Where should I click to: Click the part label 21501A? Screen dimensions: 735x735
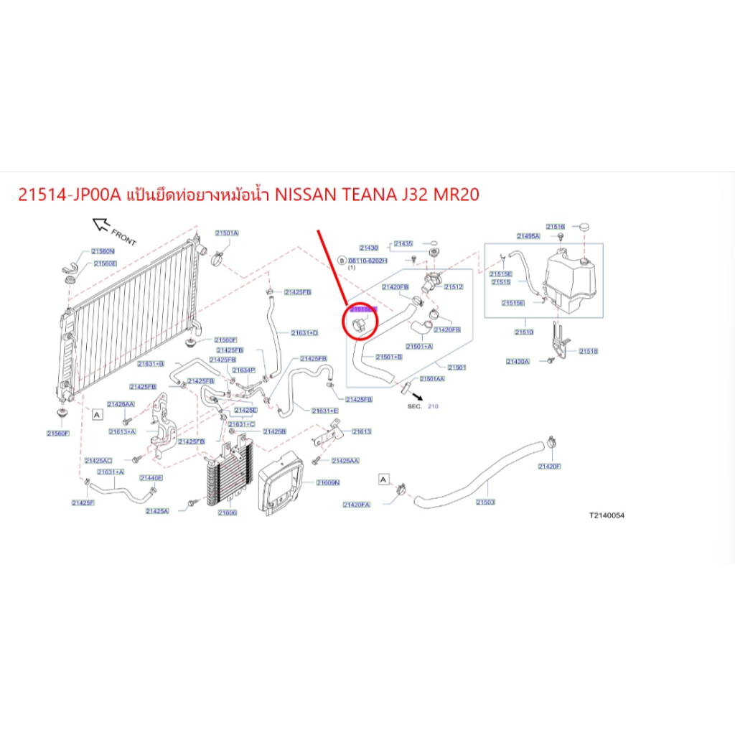(x=227, y=233)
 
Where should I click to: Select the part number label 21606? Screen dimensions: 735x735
(x=227, y=513)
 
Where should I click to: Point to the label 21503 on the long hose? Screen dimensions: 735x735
(x=486, y=502)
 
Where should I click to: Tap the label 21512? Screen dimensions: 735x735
(x=454, y=287)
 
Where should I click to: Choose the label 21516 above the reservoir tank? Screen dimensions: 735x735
(x=556, y=226)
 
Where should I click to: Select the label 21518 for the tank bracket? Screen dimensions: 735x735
(x=588, y=351)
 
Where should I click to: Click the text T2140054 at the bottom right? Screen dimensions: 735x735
(x=607, y=515)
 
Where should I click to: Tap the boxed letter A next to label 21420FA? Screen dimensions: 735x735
(x=383, y=478)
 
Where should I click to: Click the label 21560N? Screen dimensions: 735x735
(x=103, y=251)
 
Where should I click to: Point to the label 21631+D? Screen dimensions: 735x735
(x=304, y=333)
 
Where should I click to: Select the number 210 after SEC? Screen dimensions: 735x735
(x=433, y=406)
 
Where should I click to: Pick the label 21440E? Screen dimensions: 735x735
(x=151, y=478)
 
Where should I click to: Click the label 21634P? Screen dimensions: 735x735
(x=244, y=370)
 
